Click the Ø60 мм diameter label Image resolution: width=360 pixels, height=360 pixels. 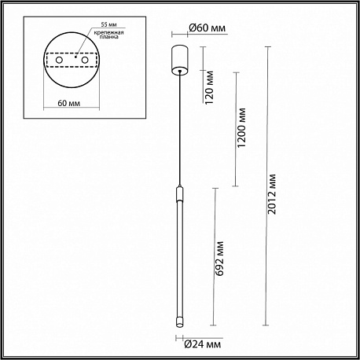(x=207, y=28)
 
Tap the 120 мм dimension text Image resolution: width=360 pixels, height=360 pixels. (x=210, y=87)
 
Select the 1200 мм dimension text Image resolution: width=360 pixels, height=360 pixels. (x=241, y=127)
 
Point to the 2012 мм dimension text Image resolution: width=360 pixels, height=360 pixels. (x=272, y=194)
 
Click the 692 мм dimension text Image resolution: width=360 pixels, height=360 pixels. (x=219, y=259)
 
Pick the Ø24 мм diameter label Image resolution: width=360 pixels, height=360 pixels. (x=203, y=344)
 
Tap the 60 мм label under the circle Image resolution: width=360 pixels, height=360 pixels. (x=69, y=103)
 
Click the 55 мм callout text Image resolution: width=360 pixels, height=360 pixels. (x=108, y=24)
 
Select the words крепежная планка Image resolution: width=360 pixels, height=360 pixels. (x=108, y=35)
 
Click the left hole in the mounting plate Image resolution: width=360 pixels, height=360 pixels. (x=59, y=61)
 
